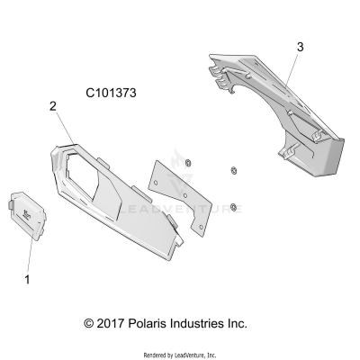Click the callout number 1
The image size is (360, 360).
(x=27, y=280)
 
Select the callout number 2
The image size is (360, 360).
(x=53, y=106)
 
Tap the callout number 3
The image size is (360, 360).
(x=300, y=46)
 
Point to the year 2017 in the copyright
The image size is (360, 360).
(x=116, y=323)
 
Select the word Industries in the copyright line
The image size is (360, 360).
(x=210, y=323)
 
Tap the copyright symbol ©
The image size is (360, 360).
(x=89, y=323)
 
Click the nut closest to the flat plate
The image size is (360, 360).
(x=187, y=162)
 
